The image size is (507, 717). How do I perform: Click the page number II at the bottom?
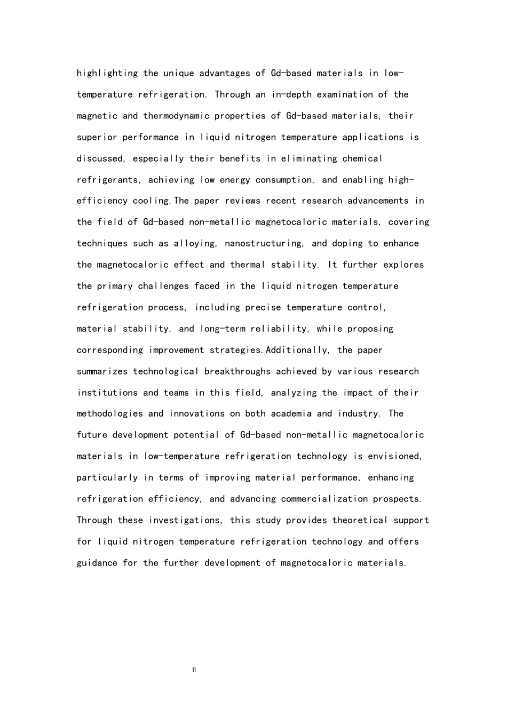[194, 670]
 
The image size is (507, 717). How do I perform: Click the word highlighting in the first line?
[107, 74]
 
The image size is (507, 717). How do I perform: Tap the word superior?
[97, 138]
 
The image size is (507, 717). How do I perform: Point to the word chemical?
[362, 159]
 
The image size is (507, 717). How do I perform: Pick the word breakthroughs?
[237, 371]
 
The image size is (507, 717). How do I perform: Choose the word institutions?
[107, 393]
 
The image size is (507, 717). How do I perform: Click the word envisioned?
[395, 456]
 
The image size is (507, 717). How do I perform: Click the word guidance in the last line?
[97, 563]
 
